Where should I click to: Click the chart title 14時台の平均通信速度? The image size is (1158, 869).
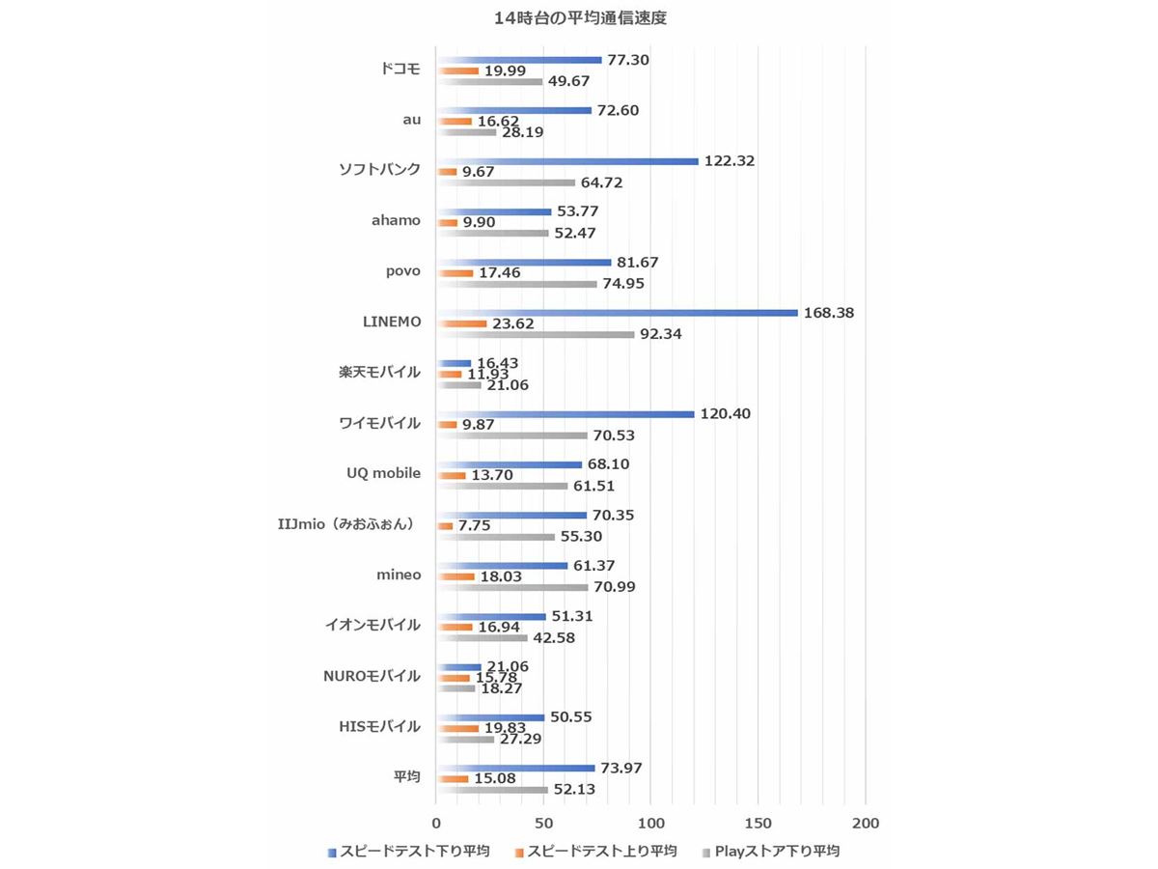point(579,17)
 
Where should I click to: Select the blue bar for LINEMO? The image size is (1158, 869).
point(618,313)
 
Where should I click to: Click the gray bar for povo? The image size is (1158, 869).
point(517,284)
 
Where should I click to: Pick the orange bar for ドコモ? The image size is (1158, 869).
point(458,70)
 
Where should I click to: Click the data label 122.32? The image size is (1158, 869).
point(730,161)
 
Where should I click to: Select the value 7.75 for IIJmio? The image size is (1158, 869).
point(476,525)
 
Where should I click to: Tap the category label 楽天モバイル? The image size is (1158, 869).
point(379,373)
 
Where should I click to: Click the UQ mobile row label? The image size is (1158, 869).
point(383,473)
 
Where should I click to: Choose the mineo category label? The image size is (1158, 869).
point(399,575)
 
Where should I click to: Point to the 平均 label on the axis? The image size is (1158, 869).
point(406,776)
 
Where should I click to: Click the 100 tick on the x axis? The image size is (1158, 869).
point(651,824)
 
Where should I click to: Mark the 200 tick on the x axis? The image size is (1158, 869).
point(866,824)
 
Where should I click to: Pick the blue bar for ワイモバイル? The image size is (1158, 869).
point(565,414)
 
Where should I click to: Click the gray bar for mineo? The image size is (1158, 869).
point(512,587)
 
